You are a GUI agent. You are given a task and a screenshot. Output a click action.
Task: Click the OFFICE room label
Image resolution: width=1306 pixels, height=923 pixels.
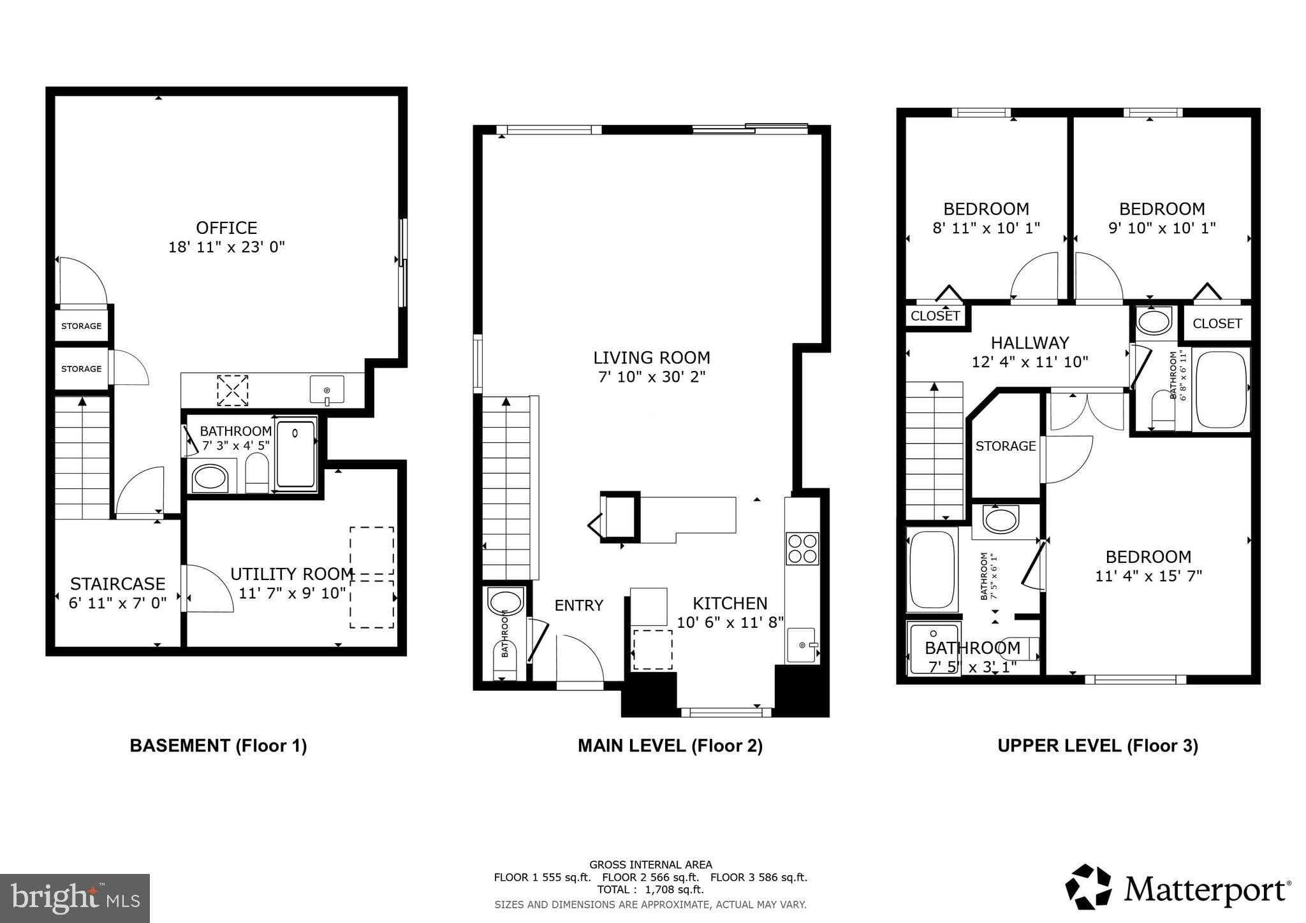pyautogui.click(x=226, y=228)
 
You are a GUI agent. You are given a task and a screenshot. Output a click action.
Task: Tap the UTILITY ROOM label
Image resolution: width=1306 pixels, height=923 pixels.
pyautogui.click(x=292, y=574)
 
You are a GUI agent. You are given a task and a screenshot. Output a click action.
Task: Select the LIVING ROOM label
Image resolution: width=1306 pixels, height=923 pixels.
pyautogui.click(x=652, y=358)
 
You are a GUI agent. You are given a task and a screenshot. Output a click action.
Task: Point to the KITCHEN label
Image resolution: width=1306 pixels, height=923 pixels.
pyautogui.click(x=730, y=603)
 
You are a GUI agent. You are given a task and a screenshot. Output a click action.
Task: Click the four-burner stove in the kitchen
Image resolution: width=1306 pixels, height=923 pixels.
pyautogui.click(x=802, y=548)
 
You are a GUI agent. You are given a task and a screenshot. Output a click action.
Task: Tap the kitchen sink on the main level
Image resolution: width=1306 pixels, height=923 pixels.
pyautogui.click(x=802, y=644)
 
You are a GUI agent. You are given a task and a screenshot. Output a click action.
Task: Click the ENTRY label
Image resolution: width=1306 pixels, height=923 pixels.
pyautogui.click(x=579, y=605)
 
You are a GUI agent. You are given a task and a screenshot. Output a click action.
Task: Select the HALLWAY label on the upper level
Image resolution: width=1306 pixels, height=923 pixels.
pyautogui.click(x=1030, y=343)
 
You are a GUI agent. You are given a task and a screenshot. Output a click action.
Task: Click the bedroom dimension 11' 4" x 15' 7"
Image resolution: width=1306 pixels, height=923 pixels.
pyautogui.click(x=1148, y=576)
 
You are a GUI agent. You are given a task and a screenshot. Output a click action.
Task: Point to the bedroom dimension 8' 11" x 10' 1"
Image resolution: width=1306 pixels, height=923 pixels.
pyautogui.click(x=987, y=228)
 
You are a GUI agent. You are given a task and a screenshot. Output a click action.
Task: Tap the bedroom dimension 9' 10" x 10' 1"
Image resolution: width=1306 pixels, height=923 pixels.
pyautogui.click(x=1162, y=228)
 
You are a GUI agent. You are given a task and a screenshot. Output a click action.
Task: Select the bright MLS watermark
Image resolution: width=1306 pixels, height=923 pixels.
pyautogui.click(x=75, y=898)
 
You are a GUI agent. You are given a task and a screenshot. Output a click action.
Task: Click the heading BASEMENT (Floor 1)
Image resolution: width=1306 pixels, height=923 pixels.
pyautogui.click(x=219, y=746)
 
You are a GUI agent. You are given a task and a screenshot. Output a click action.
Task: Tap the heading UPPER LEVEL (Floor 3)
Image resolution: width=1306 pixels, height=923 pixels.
pyautogui.click(x=1097, y=746)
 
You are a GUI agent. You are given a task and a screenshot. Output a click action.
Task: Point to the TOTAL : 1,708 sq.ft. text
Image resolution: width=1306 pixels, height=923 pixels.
pyautogui.click(x=650, y=890)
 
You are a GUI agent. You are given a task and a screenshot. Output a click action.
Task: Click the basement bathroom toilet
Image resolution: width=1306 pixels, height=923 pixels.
pyautogui.click(x=257, y=473)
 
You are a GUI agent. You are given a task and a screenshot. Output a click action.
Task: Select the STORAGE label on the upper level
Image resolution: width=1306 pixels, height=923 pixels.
pyautogui.click(x=1006, y=446)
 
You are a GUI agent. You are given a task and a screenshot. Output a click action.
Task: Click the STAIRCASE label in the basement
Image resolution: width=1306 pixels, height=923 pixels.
pyautogui.click(x=118, y=584)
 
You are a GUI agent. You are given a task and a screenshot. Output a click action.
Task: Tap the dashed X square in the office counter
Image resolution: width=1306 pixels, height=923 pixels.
pyautogui.click(x=233, y=390)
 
